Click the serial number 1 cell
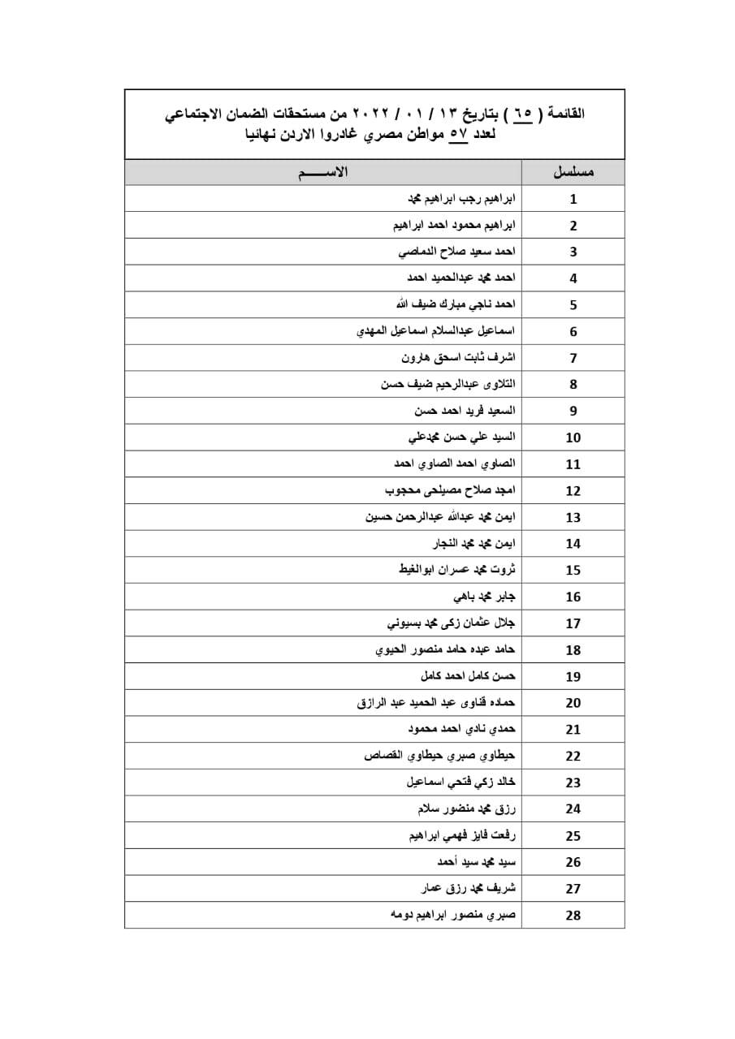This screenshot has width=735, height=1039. (x=573, y=200)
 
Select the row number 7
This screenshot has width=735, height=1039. (x=573, y=359)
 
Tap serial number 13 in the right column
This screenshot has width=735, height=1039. (x=573, y=518)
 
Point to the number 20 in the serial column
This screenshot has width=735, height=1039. (x=573, y=704)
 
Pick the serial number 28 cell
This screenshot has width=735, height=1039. (x=573, y=916)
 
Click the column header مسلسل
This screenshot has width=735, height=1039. (x=573, y=173)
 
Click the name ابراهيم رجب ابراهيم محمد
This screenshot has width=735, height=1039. (x=460, y=198)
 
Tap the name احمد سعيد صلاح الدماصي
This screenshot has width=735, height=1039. (x=456, y=252)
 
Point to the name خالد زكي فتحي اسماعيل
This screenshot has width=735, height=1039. (x=460, y=782)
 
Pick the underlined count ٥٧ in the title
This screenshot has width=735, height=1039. (x=460, y=135)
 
